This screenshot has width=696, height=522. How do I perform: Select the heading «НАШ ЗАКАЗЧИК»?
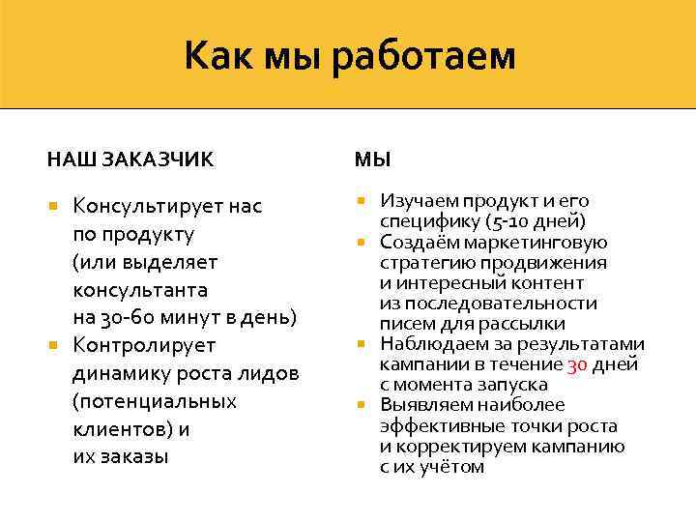point(130,158)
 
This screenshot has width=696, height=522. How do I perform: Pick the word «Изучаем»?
point(419,201)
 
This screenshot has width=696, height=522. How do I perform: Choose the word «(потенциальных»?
point(155,401)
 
